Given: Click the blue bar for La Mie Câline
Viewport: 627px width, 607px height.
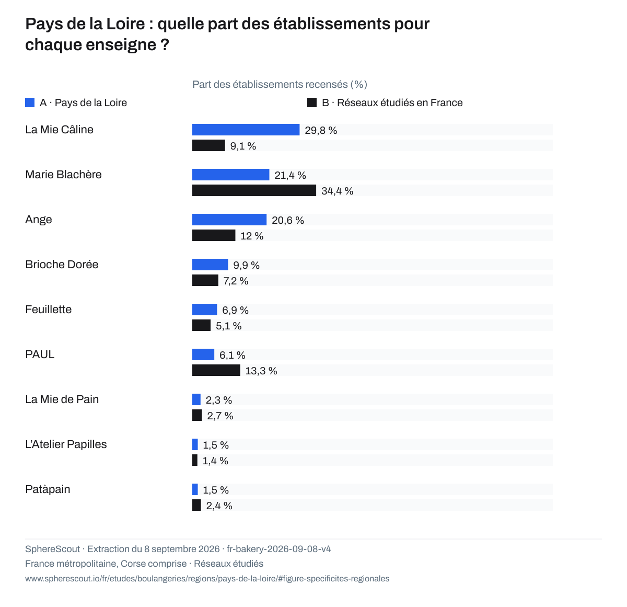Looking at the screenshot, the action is tap(246, 130).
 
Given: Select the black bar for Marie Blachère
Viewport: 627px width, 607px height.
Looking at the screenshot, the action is tap(254, 190).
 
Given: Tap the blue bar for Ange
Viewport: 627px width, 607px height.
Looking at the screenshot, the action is tap(229, 220).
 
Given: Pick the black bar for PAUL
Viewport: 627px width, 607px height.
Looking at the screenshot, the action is tap(216, 370).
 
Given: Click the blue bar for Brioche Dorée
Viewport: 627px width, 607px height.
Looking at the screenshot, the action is tap(210, 265).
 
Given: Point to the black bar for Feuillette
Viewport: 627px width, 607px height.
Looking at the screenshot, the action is tap(201, 325).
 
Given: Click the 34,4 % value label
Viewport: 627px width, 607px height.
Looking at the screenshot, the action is tap(338, 191).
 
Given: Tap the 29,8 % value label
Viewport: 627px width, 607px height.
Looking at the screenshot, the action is tap(321, 130).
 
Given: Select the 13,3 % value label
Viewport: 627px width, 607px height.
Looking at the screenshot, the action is tap(261, 371).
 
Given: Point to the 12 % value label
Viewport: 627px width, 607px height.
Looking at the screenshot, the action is tap(252, 236).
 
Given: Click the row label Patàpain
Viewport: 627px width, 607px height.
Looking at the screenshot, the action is tap(48, 489).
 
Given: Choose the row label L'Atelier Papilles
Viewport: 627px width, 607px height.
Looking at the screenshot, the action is tap(66, 444).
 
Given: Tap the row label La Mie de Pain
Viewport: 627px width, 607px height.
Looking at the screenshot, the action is tap(62, 399).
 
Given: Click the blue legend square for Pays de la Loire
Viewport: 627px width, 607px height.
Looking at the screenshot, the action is tap(30, 102).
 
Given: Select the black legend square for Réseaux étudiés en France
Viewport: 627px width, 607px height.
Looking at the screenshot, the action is tap(312, 102).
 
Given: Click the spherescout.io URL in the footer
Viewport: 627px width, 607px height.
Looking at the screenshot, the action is tap(207, 578).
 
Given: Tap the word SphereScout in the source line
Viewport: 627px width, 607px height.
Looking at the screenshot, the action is tap(53, 548).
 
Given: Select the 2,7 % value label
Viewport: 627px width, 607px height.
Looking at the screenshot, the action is tap(220, 416).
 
